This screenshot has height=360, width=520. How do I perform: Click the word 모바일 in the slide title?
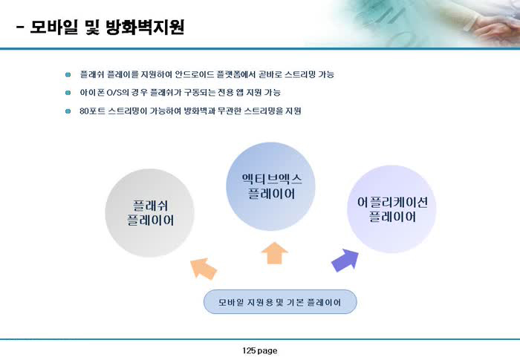point(53,27)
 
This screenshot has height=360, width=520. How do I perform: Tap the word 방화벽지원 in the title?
point(145,27)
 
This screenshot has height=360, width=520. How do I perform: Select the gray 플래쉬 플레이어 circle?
point(149,213)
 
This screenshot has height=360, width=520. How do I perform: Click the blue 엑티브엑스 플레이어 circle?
point(270,186)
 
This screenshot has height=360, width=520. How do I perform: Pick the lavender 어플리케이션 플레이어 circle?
point(391,209)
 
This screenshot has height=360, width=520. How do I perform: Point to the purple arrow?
point(345,261)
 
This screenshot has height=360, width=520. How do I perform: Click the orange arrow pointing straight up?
point(275,253)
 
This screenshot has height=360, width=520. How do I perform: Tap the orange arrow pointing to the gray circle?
point(204,269)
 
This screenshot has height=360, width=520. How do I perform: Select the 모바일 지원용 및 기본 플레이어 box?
point(280,302)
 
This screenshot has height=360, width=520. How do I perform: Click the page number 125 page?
point(260,350)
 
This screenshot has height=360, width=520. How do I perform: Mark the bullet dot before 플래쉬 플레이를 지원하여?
point(68,74)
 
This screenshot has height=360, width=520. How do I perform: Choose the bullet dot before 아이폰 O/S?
point(68,93)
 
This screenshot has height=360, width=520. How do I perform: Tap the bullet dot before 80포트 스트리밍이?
point(68,111)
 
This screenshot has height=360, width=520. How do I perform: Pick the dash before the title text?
point(20,28)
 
